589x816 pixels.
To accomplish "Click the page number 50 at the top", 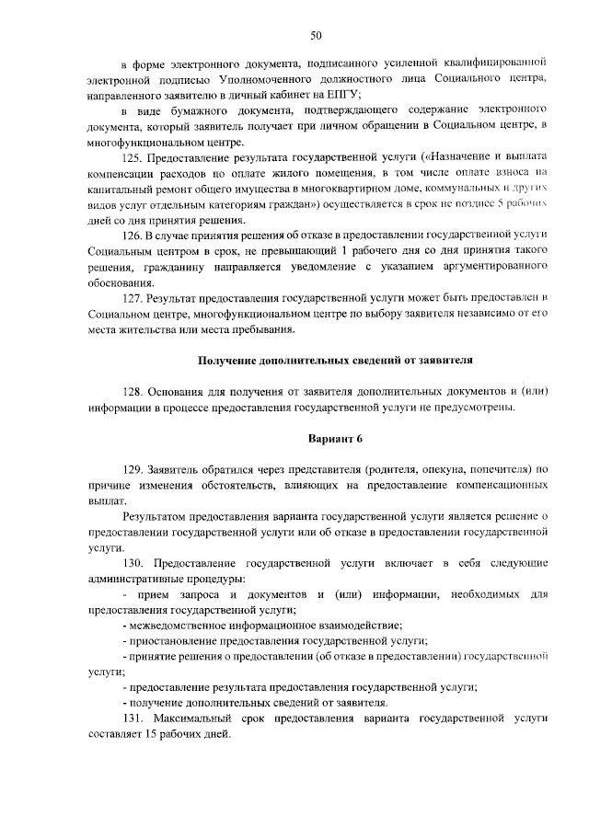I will [316, 36].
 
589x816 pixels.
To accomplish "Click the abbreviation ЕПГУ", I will [342, 96].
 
